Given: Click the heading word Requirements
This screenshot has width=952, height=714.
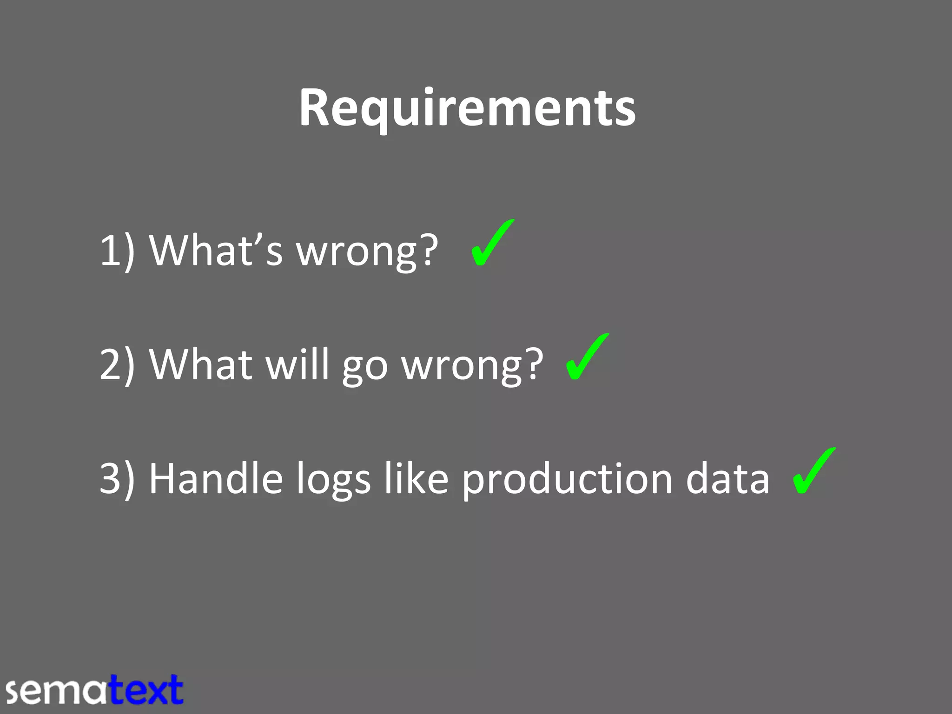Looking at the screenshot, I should (x=467, y=108).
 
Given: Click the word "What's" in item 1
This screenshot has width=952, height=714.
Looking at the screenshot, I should (x=216, y=250).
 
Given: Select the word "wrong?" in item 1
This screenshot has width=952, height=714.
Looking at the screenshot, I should (x=367, y=251).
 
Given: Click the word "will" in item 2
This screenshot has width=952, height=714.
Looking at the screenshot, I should (x=297, y=364).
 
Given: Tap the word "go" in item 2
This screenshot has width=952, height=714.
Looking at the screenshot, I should (x=365, y=367).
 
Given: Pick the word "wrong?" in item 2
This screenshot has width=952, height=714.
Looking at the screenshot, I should (x=472, y=365).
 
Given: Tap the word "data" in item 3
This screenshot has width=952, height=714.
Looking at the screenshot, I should (x=727, y=479).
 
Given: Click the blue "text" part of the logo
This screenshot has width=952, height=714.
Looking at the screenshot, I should (x=146, y=690).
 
